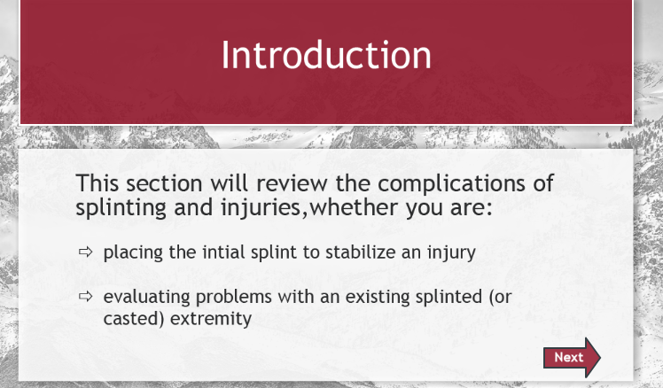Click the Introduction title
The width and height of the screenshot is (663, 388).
[326, 55]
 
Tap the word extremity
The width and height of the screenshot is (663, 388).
[211, 318]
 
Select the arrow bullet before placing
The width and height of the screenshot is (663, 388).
[85, 252]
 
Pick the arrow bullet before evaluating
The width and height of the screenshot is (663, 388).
[85, 296]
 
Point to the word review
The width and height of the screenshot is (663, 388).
[292, 184]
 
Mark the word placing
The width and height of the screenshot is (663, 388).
[133, 252]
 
